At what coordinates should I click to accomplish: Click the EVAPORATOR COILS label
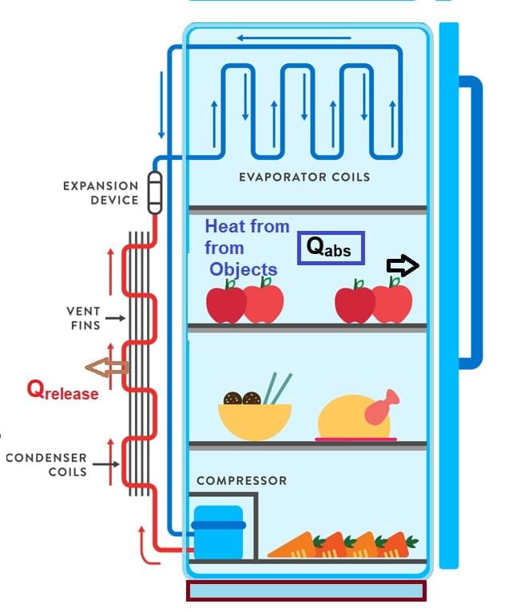(304, 177)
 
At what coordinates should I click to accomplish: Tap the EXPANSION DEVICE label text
(101, 193)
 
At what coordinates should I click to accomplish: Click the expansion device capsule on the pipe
(155, 193)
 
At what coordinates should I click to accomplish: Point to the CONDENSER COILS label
(46, 464)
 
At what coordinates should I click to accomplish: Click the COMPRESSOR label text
(241, 481)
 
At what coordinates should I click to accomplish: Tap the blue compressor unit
(218, 531)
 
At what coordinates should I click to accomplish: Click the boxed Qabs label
(331, 248)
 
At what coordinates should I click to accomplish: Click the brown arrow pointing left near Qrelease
(107, 368)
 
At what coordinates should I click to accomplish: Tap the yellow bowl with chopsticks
(254, 418)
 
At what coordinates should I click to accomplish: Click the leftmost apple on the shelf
(225, 301)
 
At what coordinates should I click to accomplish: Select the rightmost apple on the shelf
(393, 300)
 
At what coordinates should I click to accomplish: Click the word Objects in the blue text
(243, 269)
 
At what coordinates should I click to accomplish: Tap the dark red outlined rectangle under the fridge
(306, 590)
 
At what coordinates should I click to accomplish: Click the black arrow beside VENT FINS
(115, 318)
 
